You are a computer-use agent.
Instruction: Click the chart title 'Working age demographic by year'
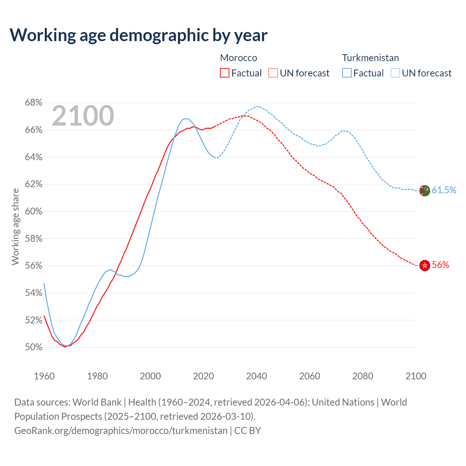pos(138,35)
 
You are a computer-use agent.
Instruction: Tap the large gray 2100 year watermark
pos(83,116)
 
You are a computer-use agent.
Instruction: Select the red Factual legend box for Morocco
pos(225,73)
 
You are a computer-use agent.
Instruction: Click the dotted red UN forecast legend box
pos(273,73)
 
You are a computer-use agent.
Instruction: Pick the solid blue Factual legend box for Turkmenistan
pos(347,73)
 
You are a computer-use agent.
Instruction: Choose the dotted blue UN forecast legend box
pos(395,73)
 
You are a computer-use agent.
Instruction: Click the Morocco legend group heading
pos(238,58)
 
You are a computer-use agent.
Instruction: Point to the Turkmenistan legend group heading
pos(370,58)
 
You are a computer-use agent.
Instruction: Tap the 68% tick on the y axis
pos(33,103)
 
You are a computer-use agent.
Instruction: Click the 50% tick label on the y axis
pos(33,347)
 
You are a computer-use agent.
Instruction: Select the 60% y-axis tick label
pos(33,212)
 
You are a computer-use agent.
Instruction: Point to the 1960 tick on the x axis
pos(44,376)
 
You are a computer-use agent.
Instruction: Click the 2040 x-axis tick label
pos(256,376)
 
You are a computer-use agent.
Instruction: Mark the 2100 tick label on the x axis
pos(416,376)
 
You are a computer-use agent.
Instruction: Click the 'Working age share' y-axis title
pos(15,226)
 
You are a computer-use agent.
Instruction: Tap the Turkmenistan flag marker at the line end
pos(424,190)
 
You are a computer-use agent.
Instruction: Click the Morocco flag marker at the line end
pos(424,265)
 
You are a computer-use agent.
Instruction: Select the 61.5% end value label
pos(444,190)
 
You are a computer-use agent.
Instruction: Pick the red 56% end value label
pos(441,265)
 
